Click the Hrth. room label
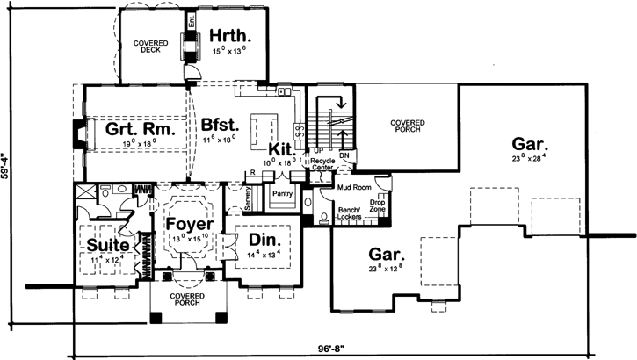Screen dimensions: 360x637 [x=231, y=37]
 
